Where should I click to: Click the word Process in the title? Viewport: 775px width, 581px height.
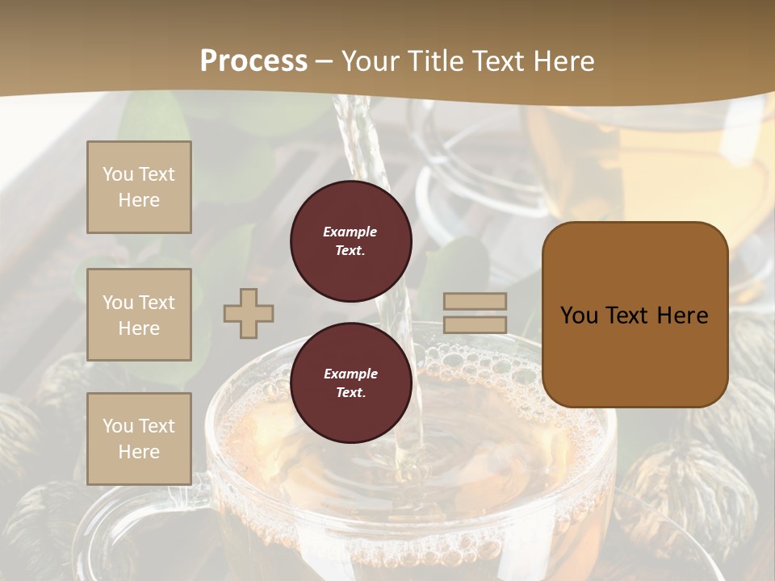pyautogui.click(x=253, y=61)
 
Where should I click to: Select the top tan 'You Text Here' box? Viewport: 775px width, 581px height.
pyautogui.click(x=139, y=187)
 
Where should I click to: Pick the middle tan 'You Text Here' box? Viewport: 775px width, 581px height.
pyautogui.click(x=139, y=315)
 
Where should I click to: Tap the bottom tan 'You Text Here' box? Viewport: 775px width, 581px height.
pyautogui.click(x=139, y=439)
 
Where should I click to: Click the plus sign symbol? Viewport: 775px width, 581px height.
pyautogui.click(x=249, y=313)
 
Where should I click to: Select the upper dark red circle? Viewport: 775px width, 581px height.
pyautogui.click(x=350, y=241)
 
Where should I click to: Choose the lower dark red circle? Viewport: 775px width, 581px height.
pyautogui.click(x=350, y=383)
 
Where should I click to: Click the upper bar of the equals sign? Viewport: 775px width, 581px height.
pyautogui.click(x=475, y=302)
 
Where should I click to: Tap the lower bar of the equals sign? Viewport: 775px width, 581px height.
pyautogui.click(x=475, y=324)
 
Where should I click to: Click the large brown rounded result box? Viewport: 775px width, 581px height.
pyautogui.click(x=635, y=315)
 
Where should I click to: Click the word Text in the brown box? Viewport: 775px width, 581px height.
pyautogui.click(x=632, y=316)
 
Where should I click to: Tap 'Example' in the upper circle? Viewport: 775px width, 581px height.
pyautogui.click(x=350, y=232)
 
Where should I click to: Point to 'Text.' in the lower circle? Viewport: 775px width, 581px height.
pyautogui.click(x=350, y=393)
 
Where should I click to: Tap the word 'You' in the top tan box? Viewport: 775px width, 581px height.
pyautogui.click(x=117, y=174)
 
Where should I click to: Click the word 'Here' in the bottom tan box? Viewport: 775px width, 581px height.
pyautogui.click(x=139, y=452)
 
